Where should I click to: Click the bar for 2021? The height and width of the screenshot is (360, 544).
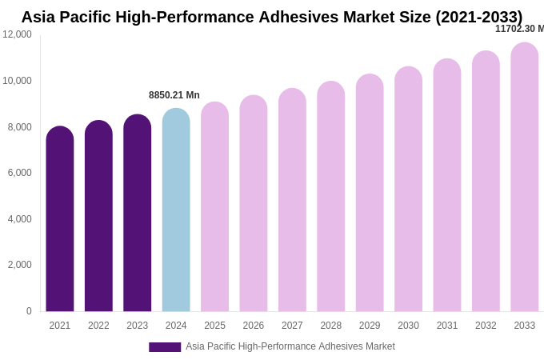[60, 219]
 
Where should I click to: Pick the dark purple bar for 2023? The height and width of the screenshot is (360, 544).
[138, 214]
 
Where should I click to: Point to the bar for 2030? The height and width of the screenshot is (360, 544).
[408, 190]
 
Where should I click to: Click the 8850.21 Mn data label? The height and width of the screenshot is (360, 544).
[174, 95]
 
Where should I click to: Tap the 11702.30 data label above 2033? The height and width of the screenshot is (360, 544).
[519, 29]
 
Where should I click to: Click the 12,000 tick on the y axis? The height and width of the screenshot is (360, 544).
[17, 34]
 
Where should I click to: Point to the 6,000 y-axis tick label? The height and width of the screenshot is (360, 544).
[17, 173]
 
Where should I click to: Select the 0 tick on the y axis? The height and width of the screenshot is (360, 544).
[29, 311]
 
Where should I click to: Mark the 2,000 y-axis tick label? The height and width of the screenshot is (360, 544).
[17, 265]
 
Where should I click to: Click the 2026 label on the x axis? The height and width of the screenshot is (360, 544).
[254, 326]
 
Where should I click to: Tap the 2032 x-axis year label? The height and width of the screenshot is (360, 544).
[486, 326]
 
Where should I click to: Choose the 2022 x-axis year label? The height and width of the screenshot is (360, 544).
[98, 326]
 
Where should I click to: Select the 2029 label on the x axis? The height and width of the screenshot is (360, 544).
[370, 326]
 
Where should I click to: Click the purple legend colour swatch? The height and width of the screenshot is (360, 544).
[165, 347]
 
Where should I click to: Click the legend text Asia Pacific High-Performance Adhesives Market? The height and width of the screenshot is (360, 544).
[290, 346]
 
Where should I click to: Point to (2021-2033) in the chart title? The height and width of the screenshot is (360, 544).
[478, 17]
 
